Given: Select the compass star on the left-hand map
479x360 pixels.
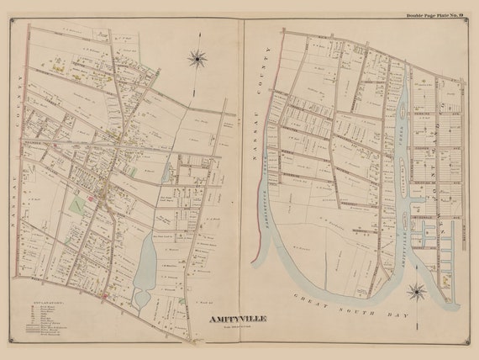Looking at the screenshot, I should click(198, 58).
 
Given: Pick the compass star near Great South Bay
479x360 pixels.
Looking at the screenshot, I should click(416, 293).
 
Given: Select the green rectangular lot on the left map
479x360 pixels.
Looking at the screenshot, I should click(77, 204).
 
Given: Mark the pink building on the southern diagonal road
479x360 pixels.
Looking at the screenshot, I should click(103, 296).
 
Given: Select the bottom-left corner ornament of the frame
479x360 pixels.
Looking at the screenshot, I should click(11, 340).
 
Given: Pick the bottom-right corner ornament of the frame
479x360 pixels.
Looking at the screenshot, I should click(468, 340).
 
